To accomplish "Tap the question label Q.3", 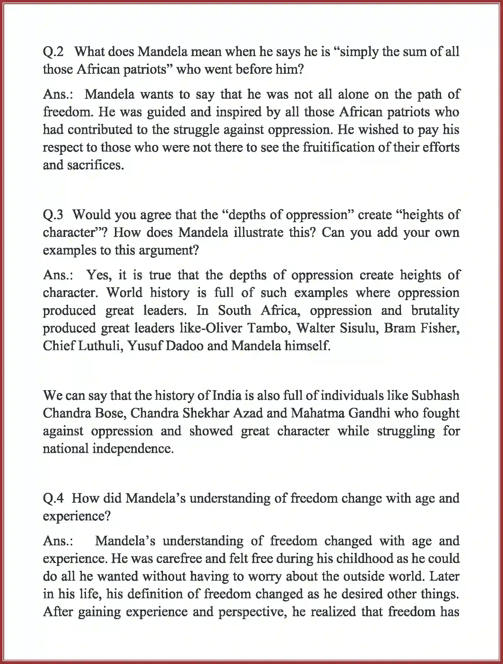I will pos(53,215).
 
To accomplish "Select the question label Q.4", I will pos(53,498).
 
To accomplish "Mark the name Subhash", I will pos(435,396).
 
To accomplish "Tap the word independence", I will pos(133,449).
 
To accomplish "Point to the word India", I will pos(227,396).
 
